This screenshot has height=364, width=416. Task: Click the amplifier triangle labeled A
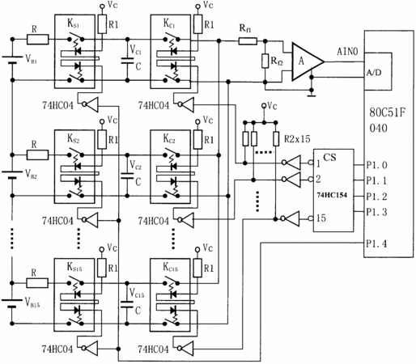[x=306, y=61]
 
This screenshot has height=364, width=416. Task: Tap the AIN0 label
[x=347, y=51]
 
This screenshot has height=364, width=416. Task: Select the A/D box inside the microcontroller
[x=378, y=71]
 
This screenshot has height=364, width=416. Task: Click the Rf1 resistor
[x=248, y=41]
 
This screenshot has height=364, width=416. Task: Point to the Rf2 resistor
[x=265, y=61]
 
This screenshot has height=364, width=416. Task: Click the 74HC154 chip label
[x=332, y=195]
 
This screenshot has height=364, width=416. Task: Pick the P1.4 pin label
[x=376, y=243]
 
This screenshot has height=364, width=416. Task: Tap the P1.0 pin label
[x=377, y=165]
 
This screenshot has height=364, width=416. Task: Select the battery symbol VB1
[x=12, y=60]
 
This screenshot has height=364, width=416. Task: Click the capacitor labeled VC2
[x=127, y=176]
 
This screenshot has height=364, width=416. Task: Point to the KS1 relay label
[x=73, y=23]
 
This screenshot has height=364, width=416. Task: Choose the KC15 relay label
[x=170, y=267]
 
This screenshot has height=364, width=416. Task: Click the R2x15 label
[x=297, y=139]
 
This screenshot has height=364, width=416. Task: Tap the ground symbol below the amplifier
[x=312, y=94]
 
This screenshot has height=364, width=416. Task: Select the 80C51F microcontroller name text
[x=388, y=112]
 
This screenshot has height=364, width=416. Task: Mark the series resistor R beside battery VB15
[x=37, y=283]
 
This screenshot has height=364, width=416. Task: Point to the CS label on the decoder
[x=329, y=157]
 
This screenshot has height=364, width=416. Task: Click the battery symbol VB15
[x=12, y=303]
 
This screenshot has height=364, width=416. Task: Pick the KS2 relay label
[x=73, y=139]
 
